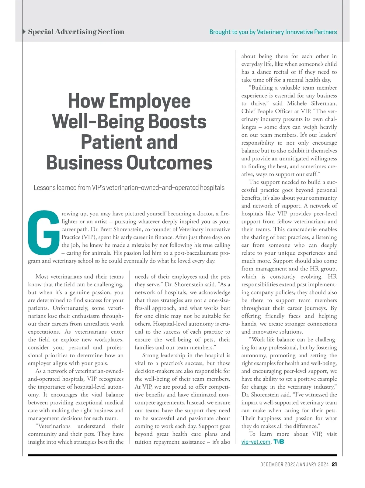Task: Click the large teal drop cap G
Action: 43,232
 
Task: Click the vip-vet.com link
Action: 255,442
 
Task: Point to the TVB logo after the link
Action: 279,442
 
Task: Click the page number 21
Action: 334,464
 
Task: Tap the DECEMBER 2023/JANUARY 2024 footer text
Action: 294,464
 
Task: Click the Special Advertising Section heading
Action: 76,32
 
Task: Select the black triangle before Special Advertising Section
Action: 24,32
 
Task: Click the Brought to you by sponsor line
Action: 273,32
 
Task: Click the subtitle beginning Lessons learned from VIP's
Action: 129,187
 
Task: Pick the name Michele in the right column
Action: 297,103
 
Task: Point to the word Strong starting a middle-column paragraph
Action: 150,355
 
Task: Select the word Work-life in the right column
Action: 261,339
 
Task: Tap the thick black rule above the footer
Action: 182,455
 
